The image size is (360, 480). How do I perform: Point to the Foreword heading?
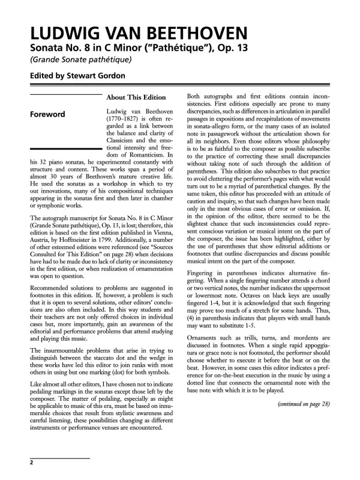click(x=49, y=113)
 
